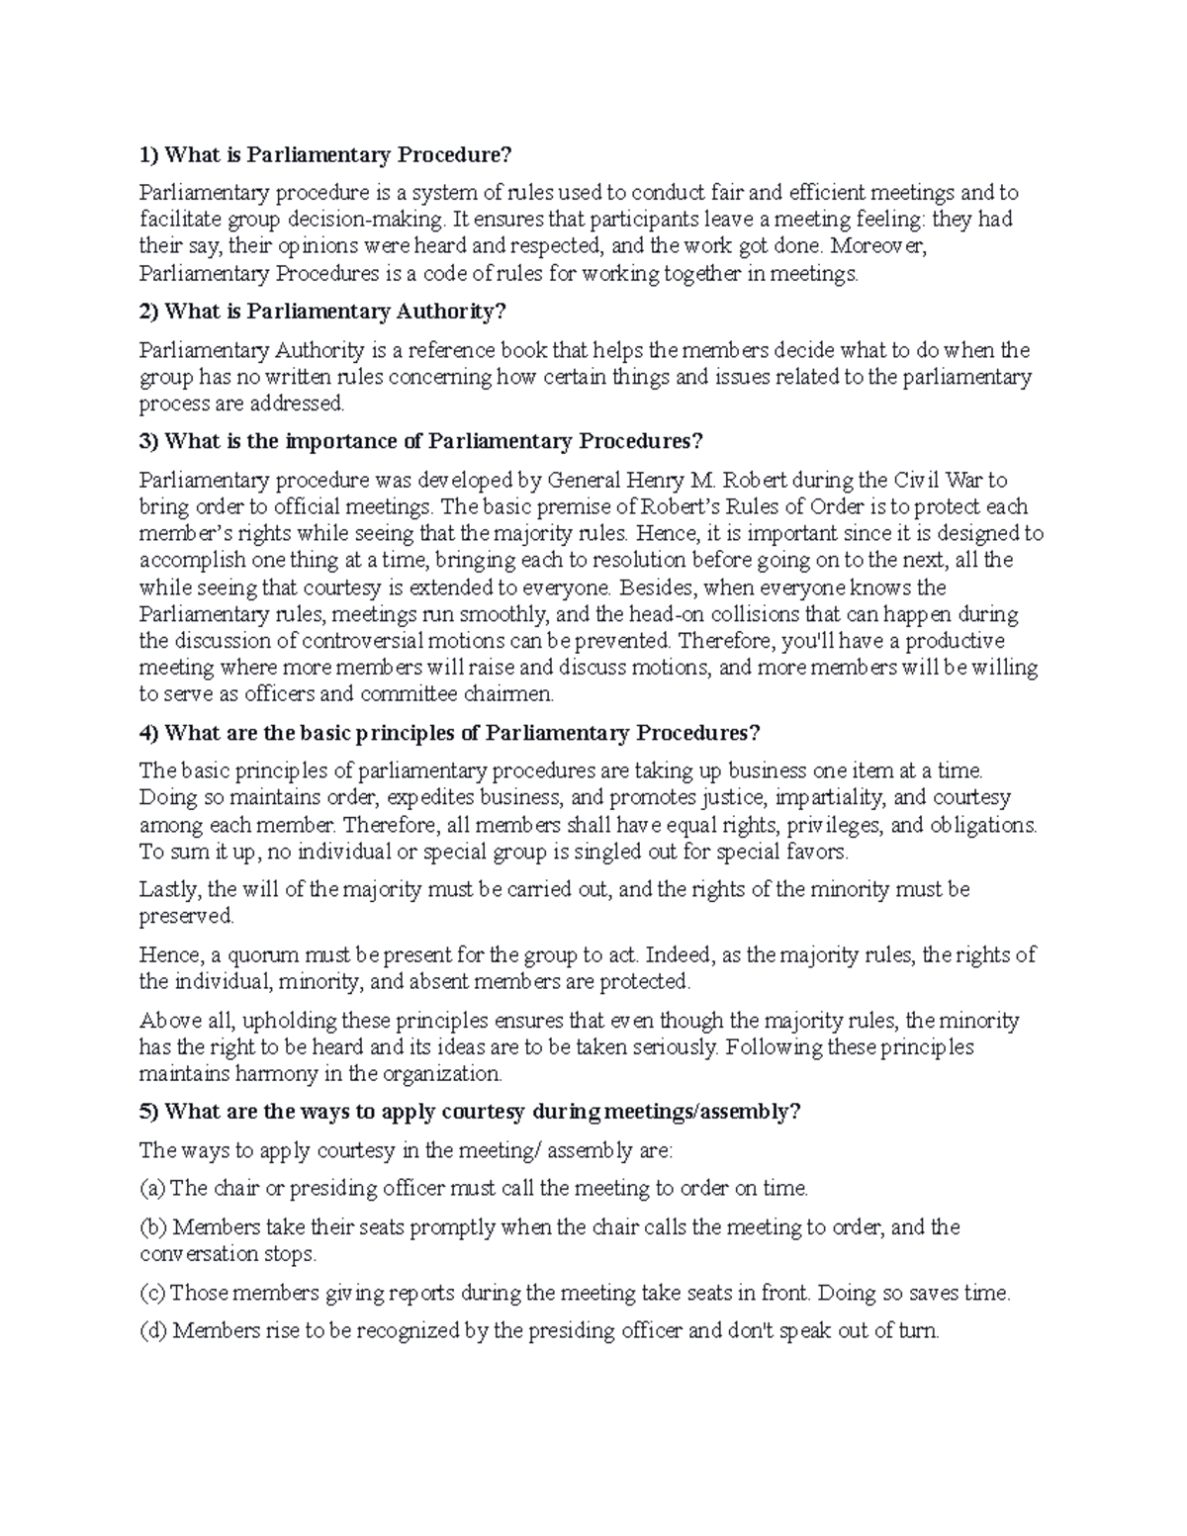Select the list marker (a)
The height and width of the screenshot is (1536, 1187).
click(153, 1188)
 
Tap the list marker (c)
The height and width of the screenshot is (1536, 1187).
click(152, 1293)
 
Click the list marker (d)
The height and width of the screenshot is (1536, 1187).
click(153, 1331)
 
